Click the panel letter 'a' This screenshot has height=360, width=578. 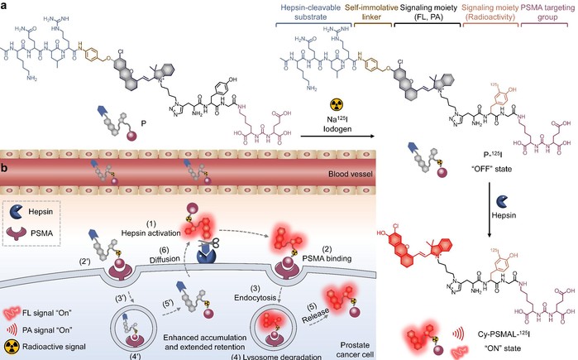click(5, 6)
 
